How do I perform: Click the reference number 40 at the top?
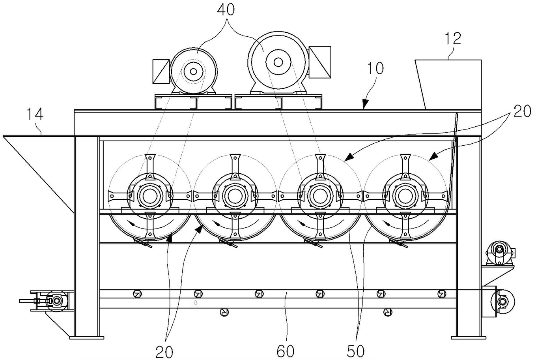226,10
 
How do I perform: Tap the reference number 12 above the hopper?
453,38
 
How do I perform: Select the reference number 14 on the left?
35,114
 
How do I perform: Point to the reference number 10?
375,68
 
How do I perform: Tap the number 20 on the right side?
522,111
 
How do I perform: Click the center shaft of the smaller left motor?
194,71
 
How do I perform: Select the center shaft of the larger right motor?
278,62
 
